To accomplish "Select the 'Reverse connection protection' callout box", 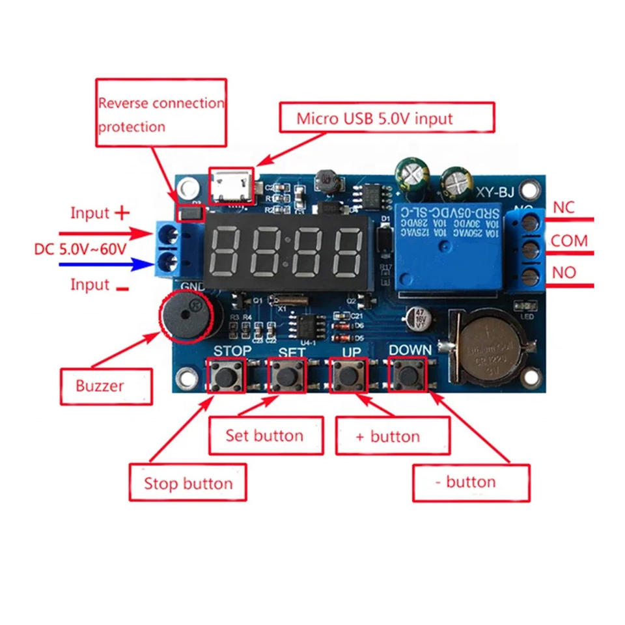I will (161, 113).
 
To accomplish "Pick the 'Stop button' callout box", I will (187, 482).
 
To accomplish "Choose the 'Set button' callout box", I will (265, 436).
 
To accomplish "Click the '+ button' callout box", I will (392, 436).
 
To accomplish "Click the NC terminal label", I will (563, 208).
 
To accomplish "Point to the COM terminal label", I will (569, 241).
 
